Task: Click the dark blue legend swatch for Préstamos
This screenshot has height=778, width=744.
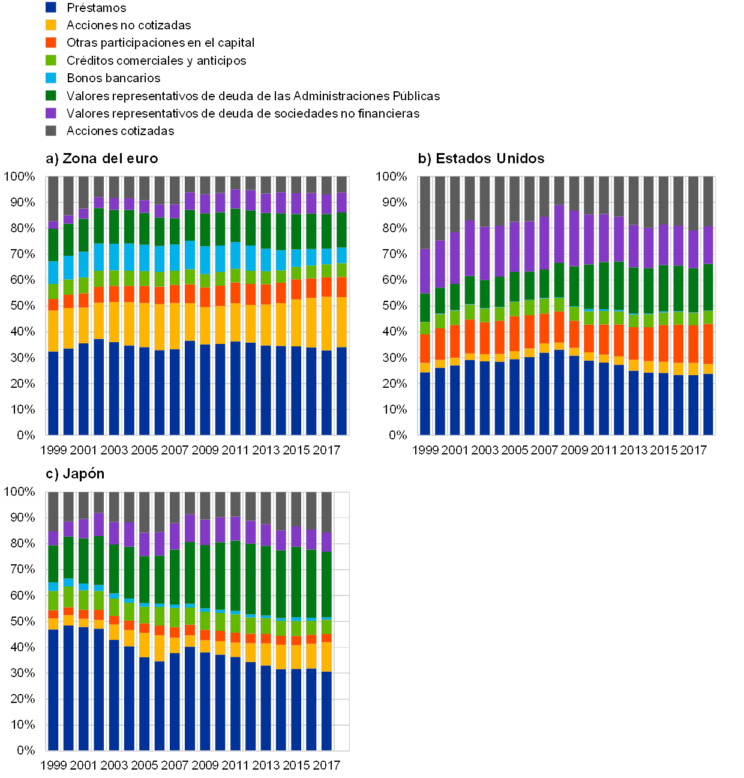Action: pyautogui.click(x=51, y=7)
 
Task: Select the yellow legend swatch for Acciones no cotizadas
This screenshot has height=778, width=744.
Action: pyautogui.click(x=51, y=25)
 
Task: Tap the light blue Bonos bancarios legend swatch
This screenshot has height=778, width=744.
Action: pyautogui.click(x=51, y=78)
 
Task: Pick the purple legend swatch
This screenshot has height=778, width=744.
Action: pyautogui.click(x=51, y=113)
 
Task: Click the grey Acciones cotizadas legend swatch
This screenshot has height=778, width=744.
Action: pyautogui.click(x=51, y=131)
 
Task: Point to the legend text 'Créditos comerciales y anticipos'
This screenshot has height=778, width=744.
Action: pyautogui.click(x=156, y=61)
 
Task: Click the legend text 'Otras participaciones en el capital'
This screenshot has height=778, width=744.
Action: pyautogui.click(x=158, y=43)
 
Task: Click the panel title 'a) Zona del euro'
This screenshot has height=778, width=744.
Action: pyautogui.click(x=102, y=158)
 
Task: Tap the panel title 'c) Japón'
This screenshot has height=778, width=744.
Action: pyautogui.click(x=76, y=474)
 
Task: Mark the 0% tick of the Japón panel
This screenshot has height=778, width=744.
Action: pyautogui.click(x=26, y=750)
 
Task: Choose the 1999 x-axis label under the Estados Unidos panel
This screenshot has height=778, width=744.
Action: pyautogui.click(x=426, y=450)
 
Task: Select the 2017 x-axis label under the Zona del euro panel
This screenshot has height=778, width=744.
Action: pyautogui.click(x=326, y=450)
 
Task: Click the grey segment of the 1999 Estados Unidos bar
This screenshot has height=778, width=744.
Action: pyautogui.click(x=425, y=213)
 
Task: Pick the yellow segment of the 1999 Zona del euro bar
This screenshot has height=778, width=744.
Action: pyautogui.click(x=53, y=331)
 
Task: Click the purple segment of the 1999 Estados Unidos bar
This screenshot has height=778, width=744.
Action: pyautogui.click(x=425, y=271)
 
